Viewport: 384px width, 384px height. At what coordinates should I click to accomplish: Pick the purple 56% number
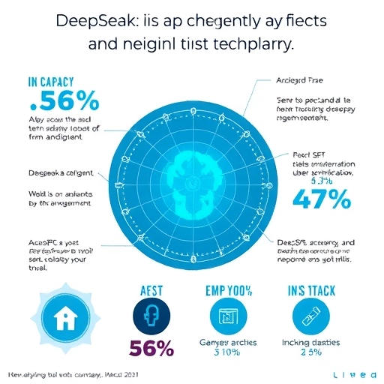click(153, 348)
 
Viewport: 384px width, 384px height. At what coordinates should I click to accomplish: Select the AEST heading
click(153, 291)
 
